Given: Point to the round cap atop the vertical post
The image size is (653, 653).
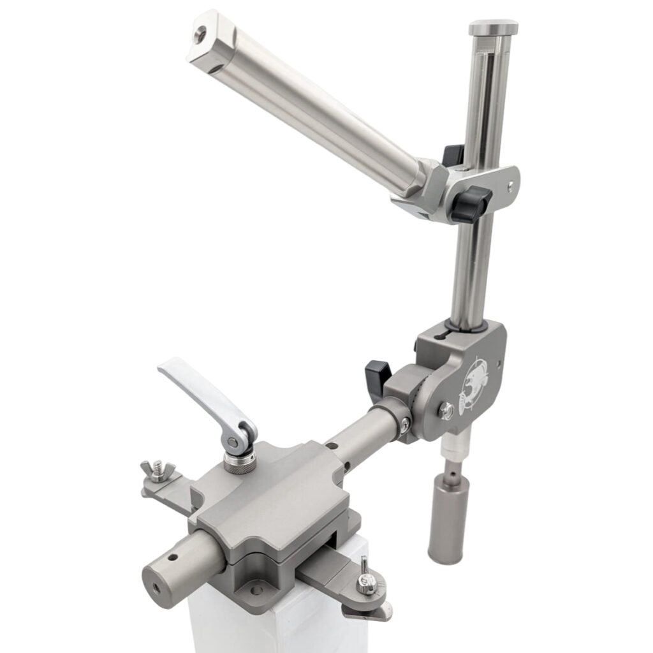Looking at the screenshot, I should point(493,27).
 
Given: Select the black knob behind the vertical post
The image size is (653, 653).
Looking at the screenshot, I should point(453,155).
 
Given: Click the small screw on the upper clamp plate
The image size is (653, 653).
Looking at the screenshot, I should point(510,185).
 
